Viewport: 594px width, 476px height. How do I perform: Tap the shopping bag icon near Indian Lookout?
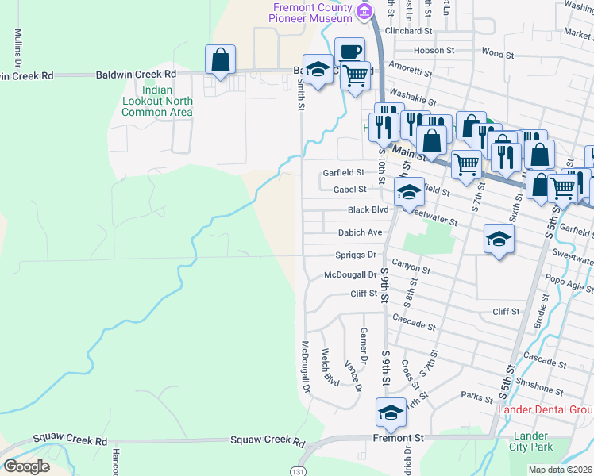[220, 59]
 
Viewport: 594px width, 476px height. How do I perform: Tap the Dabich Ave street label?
[360, 232]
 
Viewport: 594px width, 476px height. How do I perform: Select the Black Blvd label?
[368, 210]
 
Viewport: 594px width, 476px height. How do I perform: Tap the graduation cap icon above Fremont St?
[390, 413]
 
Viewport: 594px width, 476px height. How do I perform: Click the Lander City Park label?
[530, 441]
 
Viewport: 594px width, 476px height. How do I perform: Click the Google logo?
[26, 466]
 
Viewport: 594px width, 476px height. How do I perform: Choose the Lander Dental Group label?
[545, 409]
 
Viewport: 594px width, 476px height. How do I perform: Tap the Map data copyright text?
[561, 470]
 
